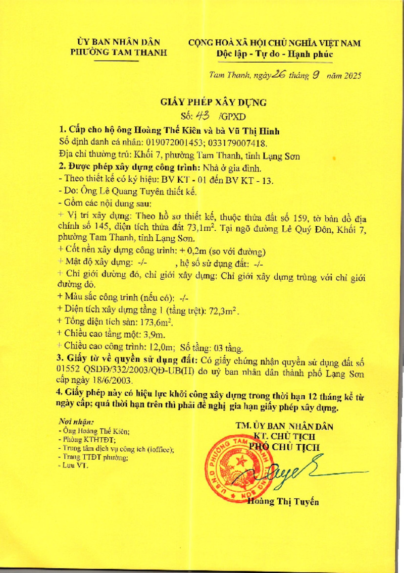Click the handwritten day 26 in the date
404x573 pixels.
(278, 75)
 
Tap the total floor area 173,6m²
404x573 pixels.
(151, 322)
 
